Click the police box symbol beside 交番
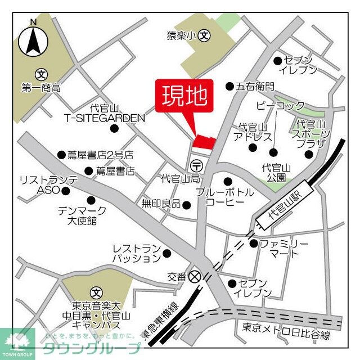point(195,276)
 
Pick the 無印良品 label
point(161,203)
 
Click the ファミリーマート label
point(284,249)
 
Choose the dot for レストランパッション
point(166,253)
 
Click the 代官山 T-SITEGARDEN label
point(104,113)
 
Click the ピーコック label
point(280,106)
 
